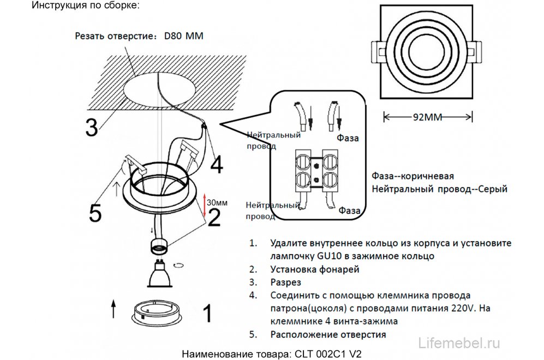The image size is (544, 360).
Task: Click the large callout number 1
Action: coord(206,314)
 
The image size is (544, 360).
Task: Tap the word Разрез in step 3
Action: coord(285,282)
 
